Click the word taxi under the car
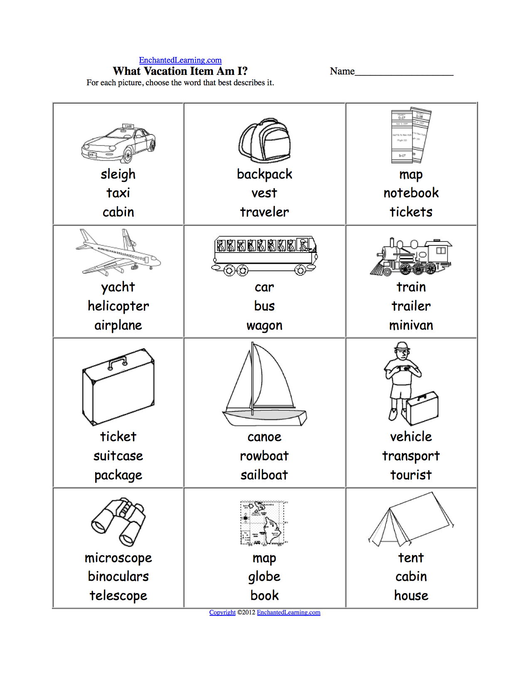point(118,193)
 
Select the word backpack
point(264,174)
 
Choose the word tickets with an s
point(411,212)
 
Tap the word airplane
point(118,325)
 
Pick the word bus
point(264,306)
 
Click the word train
point(411,287)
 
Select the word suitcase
point(118,456)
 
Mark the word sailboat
point(264,475)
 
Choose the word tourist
point(411,475)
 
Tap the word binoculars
point(118,577)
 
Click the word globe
point(264,577)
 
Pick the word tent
point(411,557)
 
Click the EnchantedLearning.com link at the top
point(180,60)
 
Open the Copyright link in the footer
point(222,612)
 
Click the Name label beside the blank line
point(342,71)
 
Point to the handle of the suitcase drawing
point(118,362)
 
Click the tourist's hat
point(402,346)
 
